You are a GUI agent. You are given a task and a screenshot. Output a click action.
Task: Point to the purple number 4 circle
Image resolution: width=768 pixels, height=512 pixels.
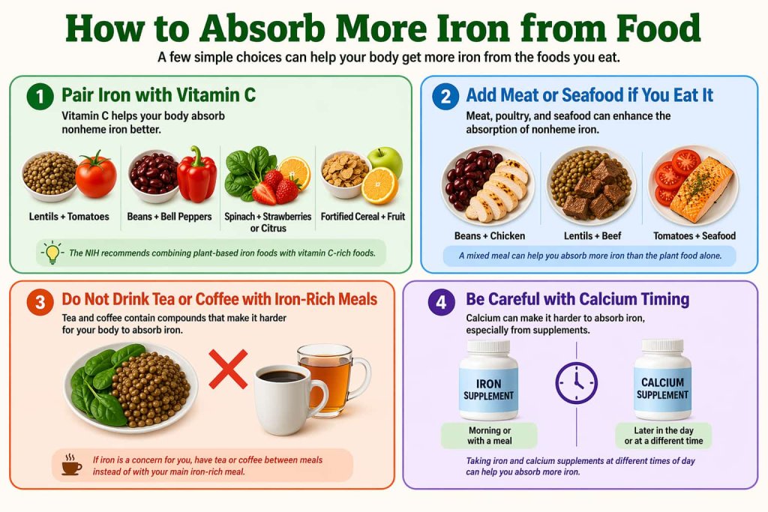pos(439,301)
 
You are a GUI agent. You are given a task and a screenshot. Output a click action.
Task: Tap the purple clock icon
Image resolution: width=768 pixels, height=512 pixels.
pos(576,383)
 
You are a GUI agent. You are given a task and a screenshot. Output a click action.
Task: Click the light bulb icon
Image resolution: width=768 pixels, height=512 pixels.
pos(52,253)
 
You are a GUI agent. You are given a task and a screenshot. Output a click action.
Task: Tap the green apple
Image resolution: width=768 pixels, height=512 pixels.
pos(385,161)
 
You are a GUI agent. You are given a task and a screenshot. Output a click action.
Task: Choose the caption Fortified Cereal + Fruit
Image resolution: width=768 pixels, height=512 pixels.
pos(362,217)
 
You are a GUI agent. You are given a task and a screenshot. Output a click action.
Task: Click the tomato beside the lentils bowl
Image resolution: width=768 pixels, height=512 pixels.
pos(96,175)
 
